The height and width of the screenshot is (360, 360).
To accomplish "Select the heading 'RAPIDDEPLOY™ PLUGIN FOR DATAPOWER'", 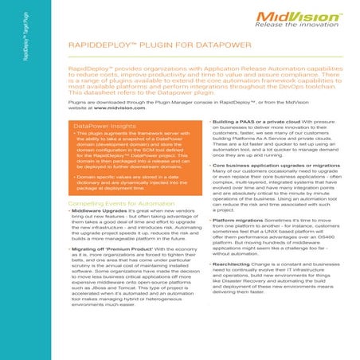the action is pyautogui.click(x=139, y=48).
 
